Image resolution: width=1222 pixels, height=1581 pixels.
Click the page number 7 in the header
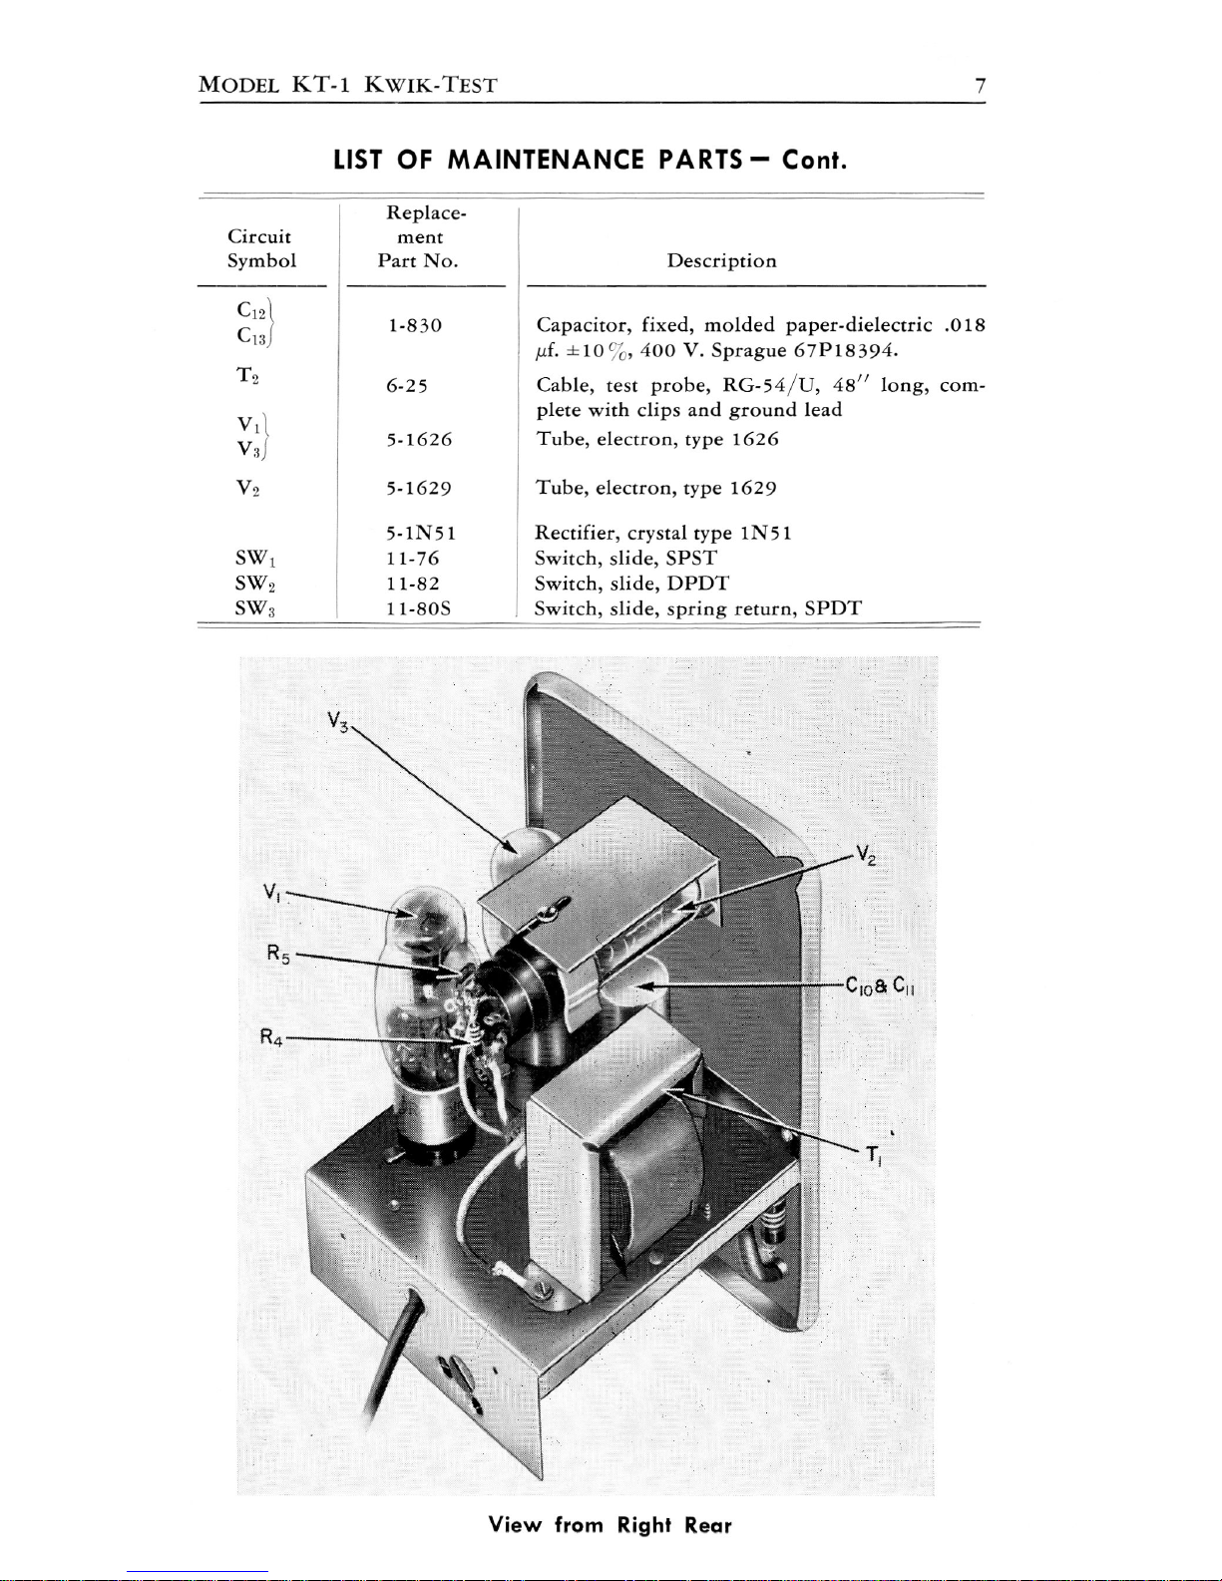coord(981,87)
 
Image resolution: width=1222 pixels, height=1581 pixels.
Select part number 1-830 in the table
coord(415,325)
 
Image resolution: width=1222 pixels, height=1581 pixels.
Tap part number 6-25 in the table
coord(407,386)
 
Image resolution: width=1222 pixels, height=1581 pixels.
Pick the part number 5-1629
coord(418,488)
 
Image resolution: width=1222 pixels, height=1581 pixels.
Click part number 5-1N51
coord(420,534)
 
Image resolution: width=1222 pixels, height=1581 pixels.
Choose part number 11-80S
coord(418,608)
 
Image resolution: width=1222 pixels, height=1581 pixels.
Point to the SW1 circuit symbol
coord(255,559)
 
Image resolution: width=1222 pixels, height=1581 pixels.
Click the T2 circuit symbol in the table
coord(248,375)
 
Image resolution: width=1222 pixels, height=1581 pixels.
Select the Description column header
coord(721,261)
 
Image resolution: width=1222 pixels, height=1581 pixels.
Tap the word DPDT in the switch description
coord(697,584)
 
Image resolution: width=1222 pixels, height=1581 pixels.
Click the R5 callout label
coord(278,954)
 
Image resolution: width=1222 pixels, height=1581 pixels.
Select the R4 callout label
coord(271,1036)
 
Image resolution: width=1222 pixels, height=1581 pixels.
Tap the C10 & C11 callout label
coord(880,987)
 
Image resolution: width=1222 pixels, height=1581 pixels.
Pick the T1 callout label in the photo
coord(874,1155)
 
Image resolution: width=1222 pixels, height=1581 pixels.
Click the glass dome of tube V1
coord(429,917)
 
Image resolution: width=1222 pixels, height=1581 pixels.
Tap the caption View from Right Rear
coord(610,1525)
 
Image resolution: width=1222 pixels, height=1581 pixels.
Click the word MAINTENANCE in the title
coord(546,160)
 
